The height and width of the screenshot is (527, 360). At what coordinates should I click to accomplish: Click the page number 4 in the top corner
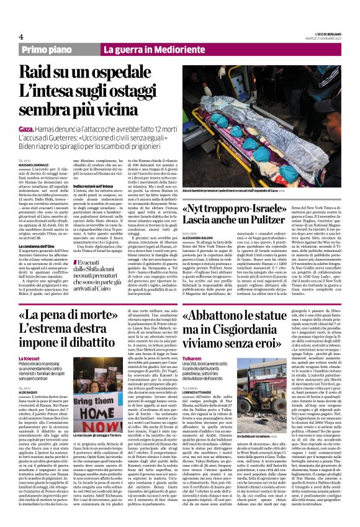pyautogui.click(x=21, y=35)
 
